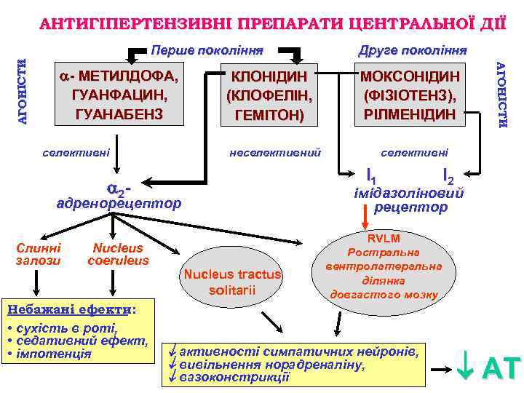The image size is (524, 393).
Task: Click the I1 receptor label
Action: [x=371, y=175]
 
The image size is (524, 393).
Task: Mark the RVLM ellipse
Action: [x=384, y=266]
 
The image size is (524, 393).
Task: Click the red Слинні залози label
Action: [x=39, y=253]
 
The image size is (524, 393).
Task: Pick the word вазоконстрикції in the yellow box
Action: [x=235, y=377]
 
